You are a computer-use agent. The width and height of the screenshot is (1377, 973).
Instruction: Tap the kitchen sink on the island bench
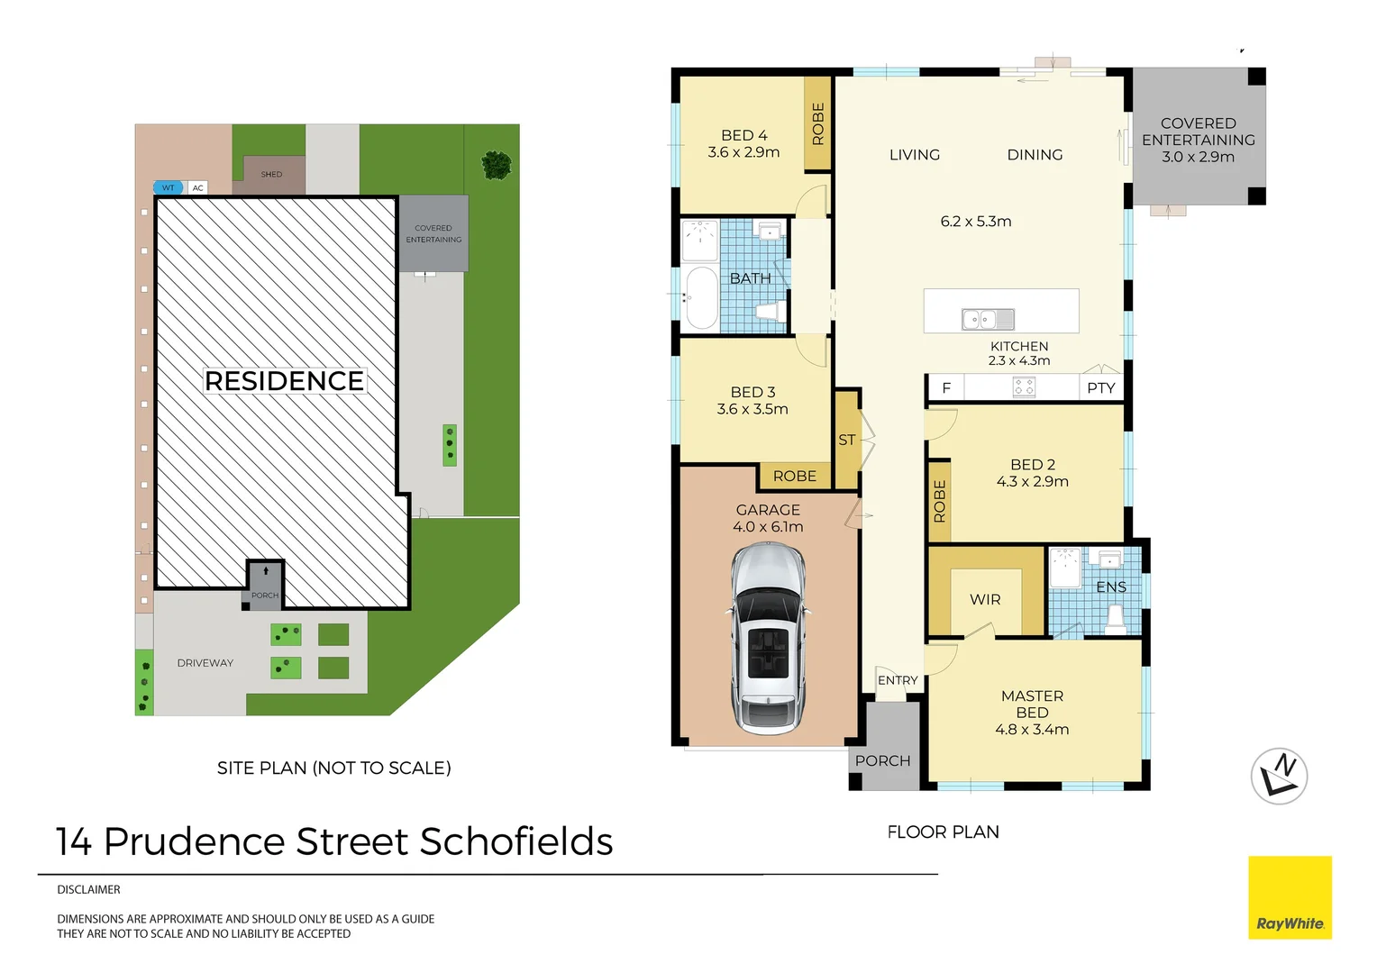tap(988, 319)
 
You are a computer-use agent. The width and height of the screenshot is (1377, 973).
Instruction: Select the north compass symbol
tap(1279, 776)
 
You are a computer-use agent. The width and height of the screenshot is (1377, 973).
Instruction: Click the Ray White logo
tap(1290, 897)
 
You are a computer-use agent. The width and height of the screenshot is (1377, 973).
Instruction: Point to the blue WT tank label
tap(169, 187)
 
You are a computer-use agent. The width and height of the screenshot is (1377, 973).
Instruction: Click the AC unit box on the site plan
tap(198, 187)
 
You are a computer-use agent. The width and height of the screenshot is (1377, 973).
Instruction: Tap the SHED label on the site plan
tap(271, 174)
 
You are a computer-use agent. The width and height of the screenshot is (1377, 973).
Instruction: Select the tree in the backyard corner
tap(497, 164)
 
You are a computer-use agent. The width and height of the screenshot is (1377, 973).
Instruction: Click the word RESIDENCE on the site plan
tap(284, 381)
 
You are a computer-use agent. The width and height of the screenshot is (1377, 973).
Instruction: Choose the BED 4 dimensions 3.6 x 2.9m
tap(743, 152)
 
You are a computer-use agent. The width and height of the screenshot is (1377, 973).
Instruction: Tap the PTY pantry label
tap(1101, 388)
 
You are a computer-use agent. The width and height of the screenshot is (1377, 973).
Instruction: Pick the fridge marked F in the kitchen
tap(946, 388)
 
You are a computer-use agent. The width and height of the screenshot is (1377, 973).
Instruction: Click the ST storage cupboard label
tap(846, 441)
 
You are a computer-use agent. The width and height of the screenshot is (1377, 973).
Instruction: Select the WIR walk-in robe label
tap(985, 600)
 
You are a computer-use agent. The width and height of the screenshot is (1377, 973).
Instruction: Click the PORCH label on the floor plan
tap(882, 760)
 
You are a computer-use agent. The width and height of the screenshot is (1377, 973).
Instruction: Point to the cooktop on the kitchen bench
tap(1024, 387)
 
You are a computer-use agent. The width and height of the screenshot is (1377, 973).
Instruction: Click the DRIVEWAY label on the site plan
tap(205, 663)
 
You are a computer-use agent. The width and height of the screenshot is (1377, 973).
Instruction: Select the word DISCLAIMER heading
tap(88, 889)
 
